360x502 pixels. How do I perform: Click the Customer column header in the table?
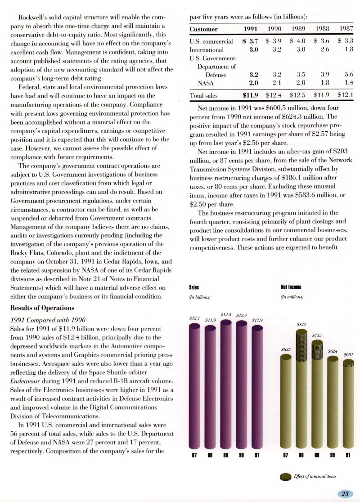tap(203, 29)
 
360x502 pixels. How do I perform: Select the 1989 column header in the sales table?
tap(298, 29)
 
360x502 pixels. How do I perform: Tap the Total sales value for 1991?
tap(250, 95)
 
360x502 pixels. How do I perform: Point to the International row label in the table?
tap(207, 49)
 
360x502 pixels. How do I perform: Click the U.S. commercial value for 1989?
tap(298, 41)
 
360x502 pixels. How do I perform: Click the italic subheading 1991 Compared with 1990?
tap(47, 320)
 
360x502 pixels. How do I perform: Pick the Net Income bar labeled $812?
tap(302, 387)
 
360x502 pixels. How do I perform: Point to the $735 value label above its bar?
tap(317, 335)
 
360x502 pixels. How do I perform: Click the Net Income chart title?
tap(291, 287)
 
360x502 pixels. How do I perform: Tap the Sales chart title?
tap(194, 287)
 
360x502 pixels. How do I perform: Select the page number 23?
tap(345, 493)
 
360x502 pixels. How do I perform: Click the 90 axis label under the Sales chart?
tap(242, 455)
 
